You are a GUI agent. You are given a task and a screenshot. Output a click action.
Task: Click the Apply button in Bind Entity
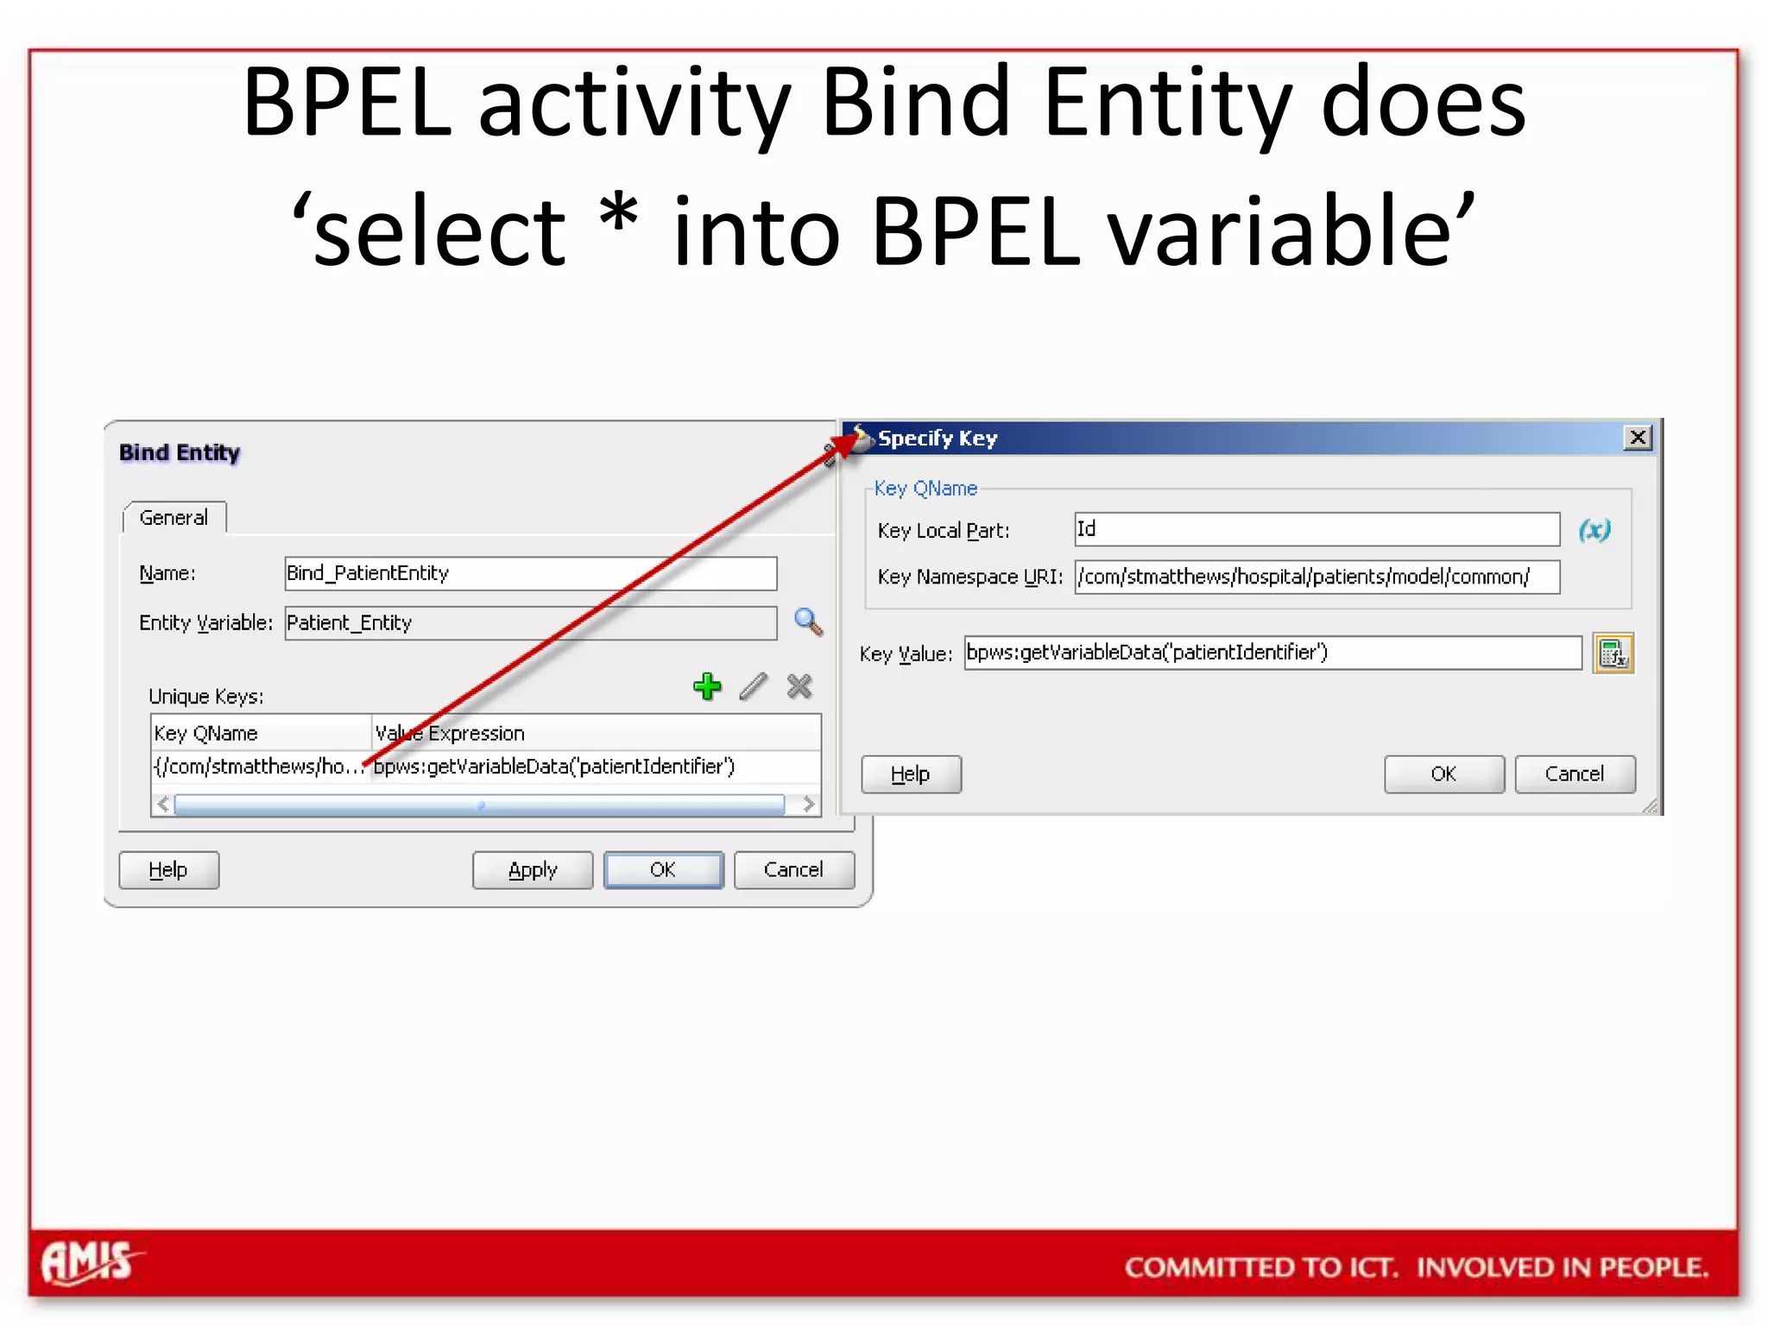[533, 869]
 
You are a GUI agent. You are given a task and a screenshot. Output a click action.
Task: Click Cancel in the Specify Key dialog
[1575, 773]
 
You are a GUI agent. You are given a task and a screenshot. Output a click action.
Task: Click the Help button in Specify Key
[911, 773]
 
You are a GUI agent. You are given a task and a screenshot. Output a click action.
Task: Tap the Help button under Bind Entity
[168, 869]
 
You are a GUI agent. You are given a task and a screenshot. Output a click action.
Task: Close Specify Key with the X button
[1637, 438]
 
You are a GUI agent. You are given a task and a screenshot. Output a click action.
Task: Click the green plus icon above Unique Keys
[707, 686]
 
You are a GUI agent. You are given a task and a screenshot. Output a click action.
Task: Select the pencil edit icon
[754, 686]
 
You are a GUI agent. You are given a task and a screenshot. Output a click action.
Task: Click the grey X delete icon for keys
[799, 686]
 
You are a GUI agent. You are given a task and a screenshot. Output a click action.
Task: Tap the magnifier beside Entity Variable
[808, 622]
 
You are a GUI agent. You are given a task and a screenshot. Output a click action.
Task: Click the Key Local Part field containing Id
[1317, 529]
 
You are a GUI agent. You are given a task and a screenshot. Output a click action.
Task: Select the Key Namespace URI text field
[1317, 577]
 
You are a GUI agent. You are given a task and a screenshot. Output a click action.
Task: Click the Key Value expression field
[1272, 653]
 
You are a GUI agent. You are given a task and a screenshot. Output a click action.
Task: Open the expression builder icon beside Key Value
[1613, 654]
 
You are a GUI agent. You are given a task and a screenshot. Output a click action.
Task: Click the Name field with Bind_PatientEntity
[530, 573]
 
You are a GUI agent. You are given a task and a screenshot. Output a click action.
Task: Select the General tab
[174, 517]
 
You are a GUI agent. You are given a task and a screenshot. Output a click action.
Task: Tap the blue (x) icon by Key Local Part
[1594, 530]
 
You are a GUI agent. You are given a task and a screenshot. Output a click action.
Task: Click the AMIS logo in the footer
[89, 1263]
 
